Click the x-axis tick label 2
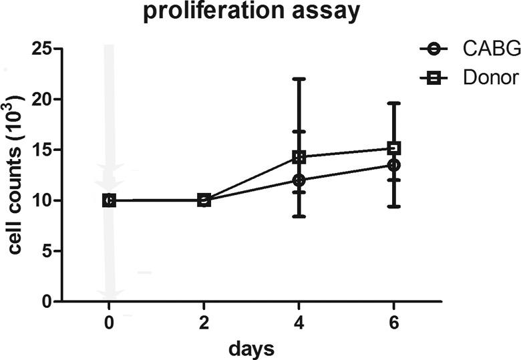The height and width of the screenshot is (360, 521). pos(204,323)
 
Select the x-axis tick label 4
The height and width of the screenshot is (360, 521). pos(299,323)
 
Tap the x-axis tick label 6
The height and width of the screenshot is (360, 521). pos(394,323)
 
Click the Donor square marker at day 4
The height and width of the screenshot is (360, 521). pos(299,157)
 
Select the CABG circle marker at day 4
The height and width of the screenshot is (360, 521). pos(299,180)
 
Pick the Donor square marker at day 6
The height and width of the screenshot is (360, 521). pos(394,148)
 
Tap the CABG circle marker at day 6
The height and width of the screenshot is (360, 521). pos(394,164)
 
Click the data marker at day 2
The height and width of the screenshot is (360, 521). pos(204,200)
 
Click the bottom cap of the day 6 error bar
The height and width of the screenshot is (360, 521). pos(394,206)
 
